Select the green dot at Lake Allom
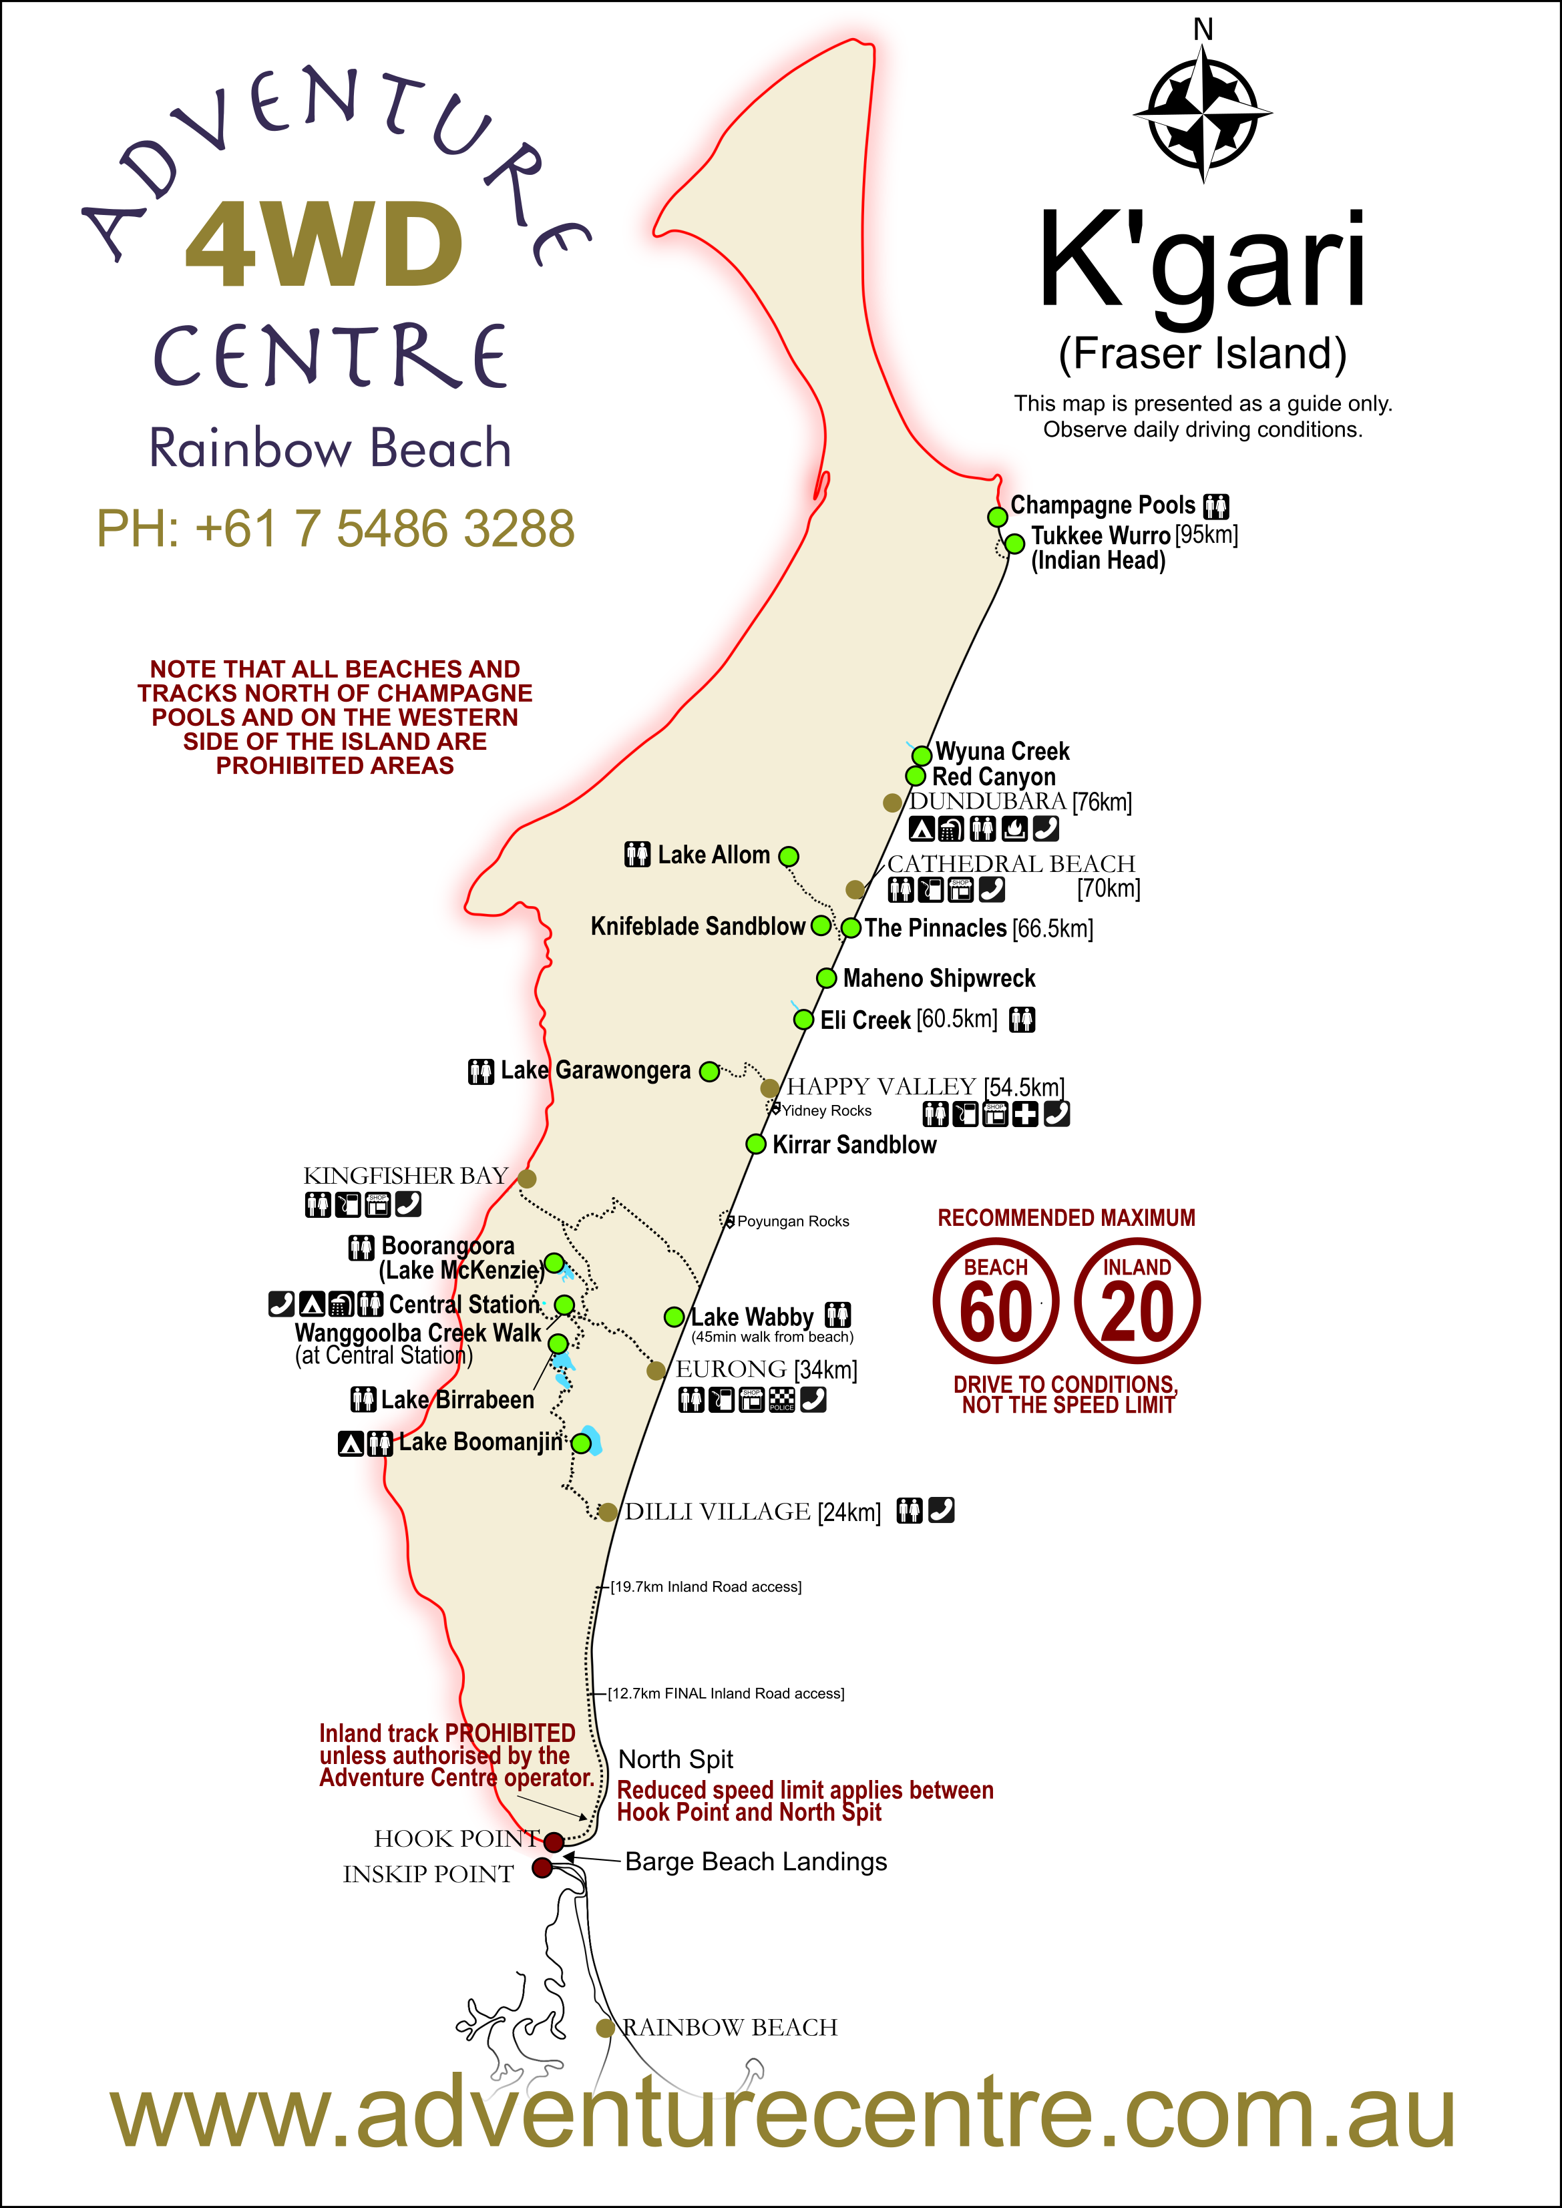[x=789, y=856]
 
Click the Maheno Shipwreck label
[x=939, y=978]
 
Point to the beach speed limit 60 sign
[x=996, y=1301]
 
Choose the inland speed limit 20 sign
[x=1137, y=1301]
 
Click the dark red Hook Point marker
[x=553, y=1841]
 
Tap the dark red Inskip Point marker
[x=542, y=1867]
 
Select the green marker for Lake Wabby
[x=674, y=1317]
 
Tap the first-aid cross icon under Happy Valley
[x=1025, y=1114]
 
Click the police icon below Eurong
[x=782, y=1400]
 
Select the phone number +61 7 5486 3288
[x=336, y=529]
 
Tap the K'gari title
[x=1202, y=262]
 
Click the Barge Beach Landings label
[x=756, y=1861]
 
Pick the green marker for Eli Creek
[x=803, y=1020]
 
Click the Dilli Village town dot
[x=608, y=1512]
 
